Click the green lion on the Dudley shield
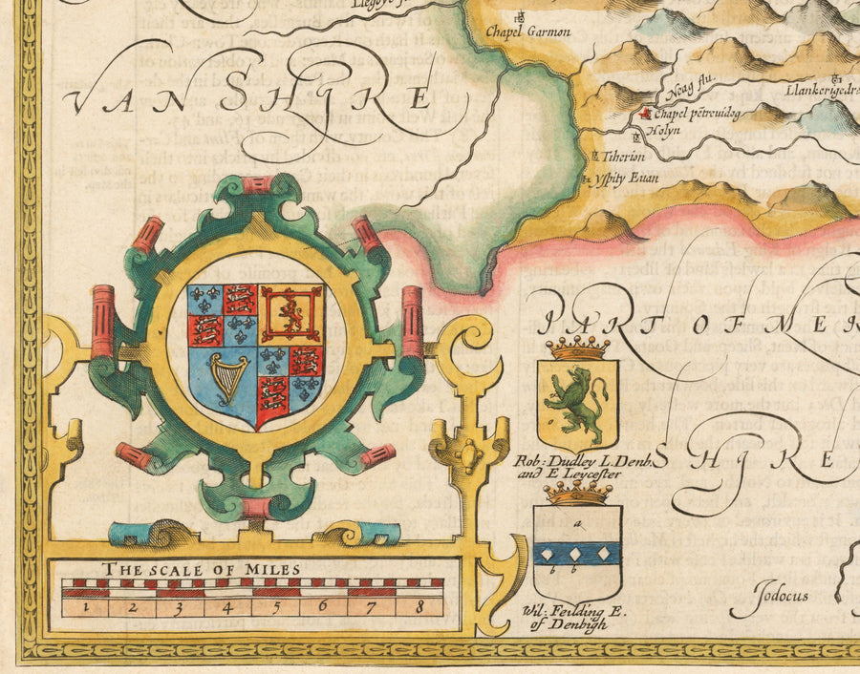(x=579, y=392)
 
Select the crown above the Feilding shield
(x=578, y=493)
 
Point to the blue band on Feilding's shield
(x=577, y=553)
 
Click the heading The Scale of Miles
(x=203, y=570)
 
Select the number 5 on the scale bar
(x=273, y=605)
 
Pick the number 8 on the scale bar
(x=418, y=605)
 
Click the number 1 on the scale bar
(x=85, y=605)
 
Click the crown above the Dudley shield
(x=577, y=348)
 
